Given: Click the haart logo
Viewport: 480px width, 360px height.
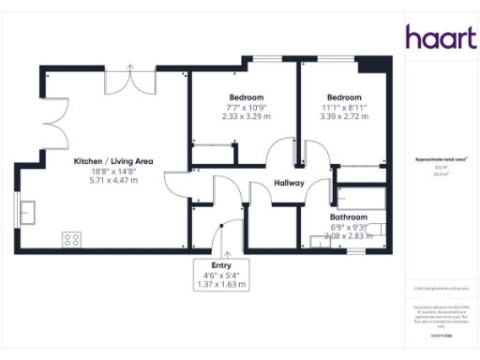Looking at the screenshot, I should point(437,37).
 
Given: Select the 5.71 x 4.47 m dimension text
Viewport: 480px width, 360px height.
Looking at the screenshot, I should point(106,180).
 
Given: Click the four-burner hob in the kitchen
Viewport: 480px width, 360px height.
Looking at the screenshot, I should point(71,239).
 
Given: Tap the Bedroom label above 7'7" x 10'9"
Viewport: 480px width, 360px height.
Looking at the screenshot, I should point(246,97).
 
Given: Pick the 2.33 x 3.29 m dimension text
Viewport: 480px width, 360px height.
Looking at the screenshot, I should point(246,117).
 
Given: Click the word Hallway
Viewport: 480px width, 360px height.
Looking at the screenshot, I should point(289,183).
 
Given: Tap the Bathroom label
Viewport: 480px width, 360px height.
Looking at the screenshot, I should point(348,217).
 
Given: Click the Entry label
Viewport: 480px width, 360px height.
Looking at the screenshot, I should point(221,265).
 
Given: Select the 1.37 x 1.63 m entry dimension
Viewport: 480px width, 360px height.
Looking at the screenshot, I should point(221,284).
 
